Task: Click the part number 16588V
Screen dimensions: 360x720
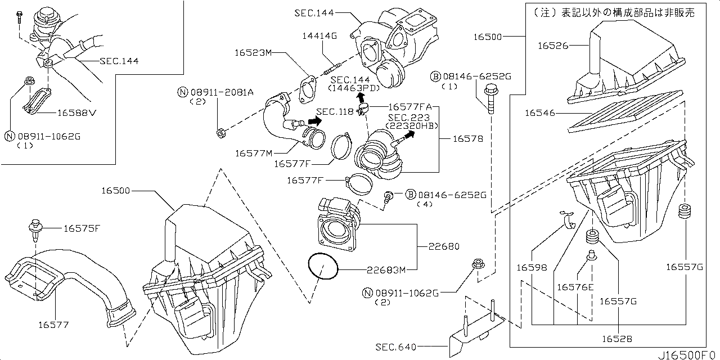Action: point(77,112)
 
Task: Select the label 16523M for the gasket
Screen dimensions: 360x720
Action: point(254,53)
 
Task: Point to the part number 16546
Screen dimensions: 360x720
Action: point(540,113)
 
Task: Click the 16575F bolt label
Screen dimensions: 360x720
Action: point(82,228)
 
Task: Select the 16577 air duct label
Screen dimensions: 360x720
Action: point(54,324)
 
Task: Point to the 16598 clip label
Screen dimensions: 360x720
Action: point(531,268)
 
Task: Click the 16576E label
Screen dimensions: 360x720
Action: point(575,287)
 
